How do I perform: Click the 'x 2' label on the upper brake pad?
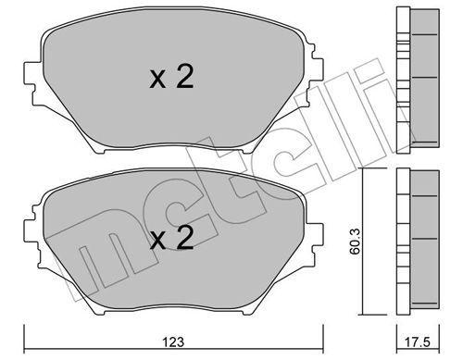172,79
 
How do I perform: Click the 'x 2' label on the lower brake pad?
172,242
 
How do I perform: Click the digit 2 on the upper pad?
185,79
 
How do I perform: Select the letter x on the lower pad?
158,243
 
